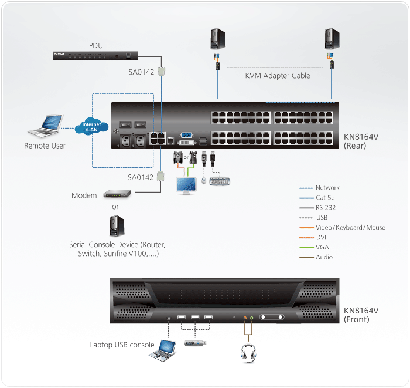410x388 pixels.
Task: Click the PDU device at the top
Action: pos(94,56)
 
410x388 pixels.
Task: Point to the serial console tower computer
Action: pos(115,227)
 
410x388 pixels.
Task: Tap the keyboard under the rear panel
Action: pos(220,181)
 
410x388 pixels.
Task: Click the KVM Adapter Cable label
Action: pos(278,76)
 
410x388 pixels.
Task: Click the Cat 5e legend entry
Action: pos(326,198)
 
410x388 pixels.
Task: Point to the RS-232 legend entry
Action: pos(326,208)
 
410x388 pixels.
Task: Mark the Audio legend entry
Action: pos(324,257)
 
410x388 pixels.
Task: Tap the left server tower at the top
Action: pos(217,39)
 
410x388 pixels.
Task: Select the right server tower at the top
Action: pos(332,39)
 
